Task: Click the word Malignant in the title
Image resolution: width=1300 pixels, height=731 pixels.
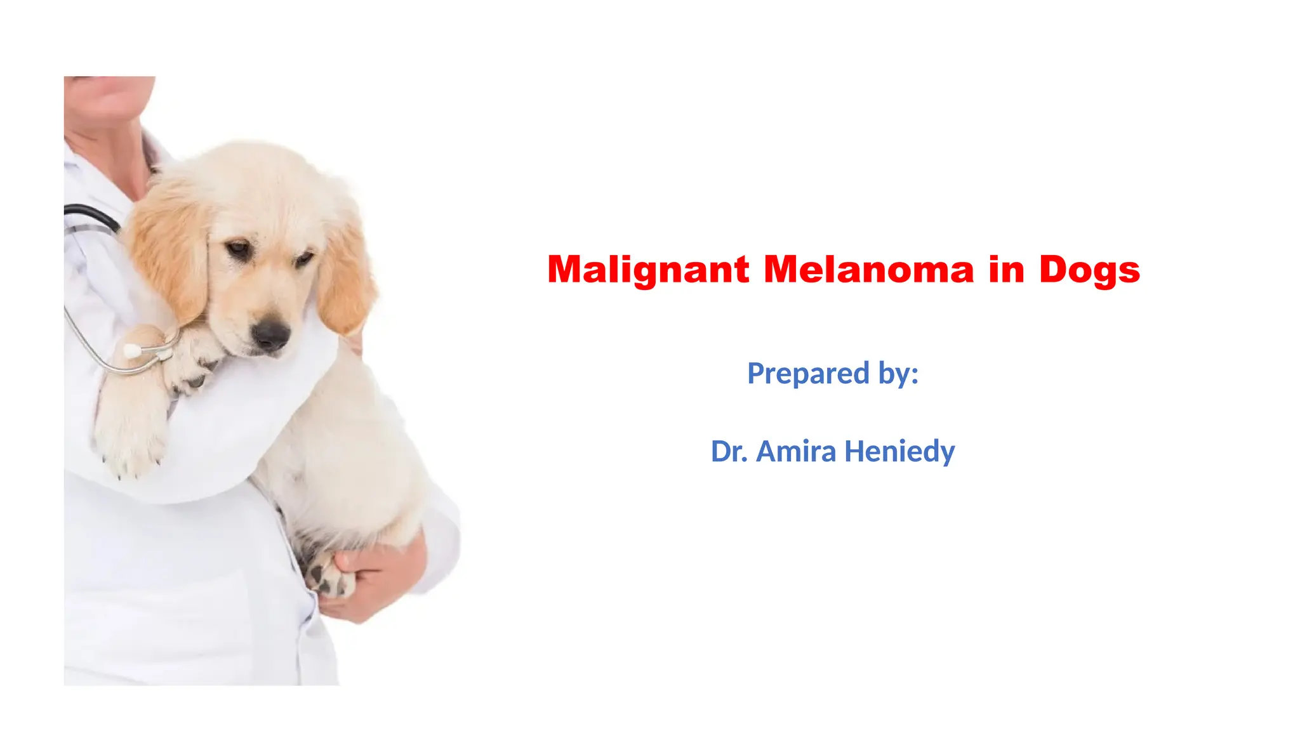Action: coord(647,270)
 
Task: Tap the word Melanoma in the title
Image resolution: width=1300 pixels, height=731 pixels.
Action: coord(868,270)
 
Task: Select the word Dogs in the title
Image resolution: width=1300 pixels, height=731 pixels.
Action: coord(1089,270)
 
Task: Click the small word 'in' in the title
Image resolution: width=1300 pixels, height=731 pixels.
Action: coord(1006,270)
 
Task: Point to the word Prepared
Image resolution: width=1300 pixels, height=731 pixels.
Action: coord(807,374)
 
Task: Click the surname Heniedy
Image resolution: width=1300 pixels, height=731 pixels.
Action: coord(899,452)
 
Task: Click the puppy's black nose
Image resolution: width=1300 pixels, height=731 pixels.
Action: coord(271,333)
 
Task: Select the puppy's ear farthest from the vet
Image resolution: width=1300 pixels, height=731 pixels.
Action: coord(346,279)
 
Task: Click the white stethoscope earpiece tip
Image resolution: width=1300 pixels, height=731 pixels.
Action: coord(131,351)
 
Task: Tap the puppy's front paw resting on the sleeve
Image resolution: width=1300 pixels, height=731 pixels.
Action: coord(190,365)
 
